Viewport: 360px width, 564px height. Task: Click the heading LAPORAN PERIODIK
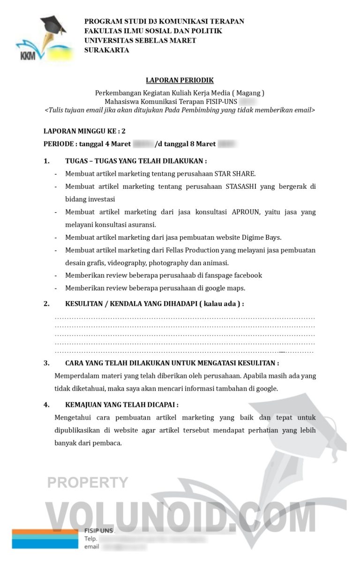pos(180,81)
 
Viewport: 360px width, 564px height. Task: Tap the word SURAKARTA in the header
pos(106,51)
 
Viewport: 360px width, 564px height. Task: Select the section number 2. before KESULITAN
pos(46,304)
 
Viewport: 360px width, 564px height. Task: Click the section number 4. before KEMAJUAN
pos(46,405)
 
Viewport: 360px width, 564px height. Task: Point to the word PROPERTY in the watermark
pos(88,482)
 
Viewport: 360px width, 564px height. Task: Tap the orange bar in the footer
pos(45,532)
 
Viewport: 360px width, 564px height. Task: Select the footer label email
pos(91,547)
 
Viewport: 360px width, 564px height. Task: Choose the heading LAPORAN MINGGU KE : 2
pos(84,131)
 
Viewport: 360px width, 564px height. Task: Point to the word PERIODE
pos(59,144)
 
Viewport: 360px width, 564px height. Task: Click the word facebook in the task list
pos(246,275)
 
